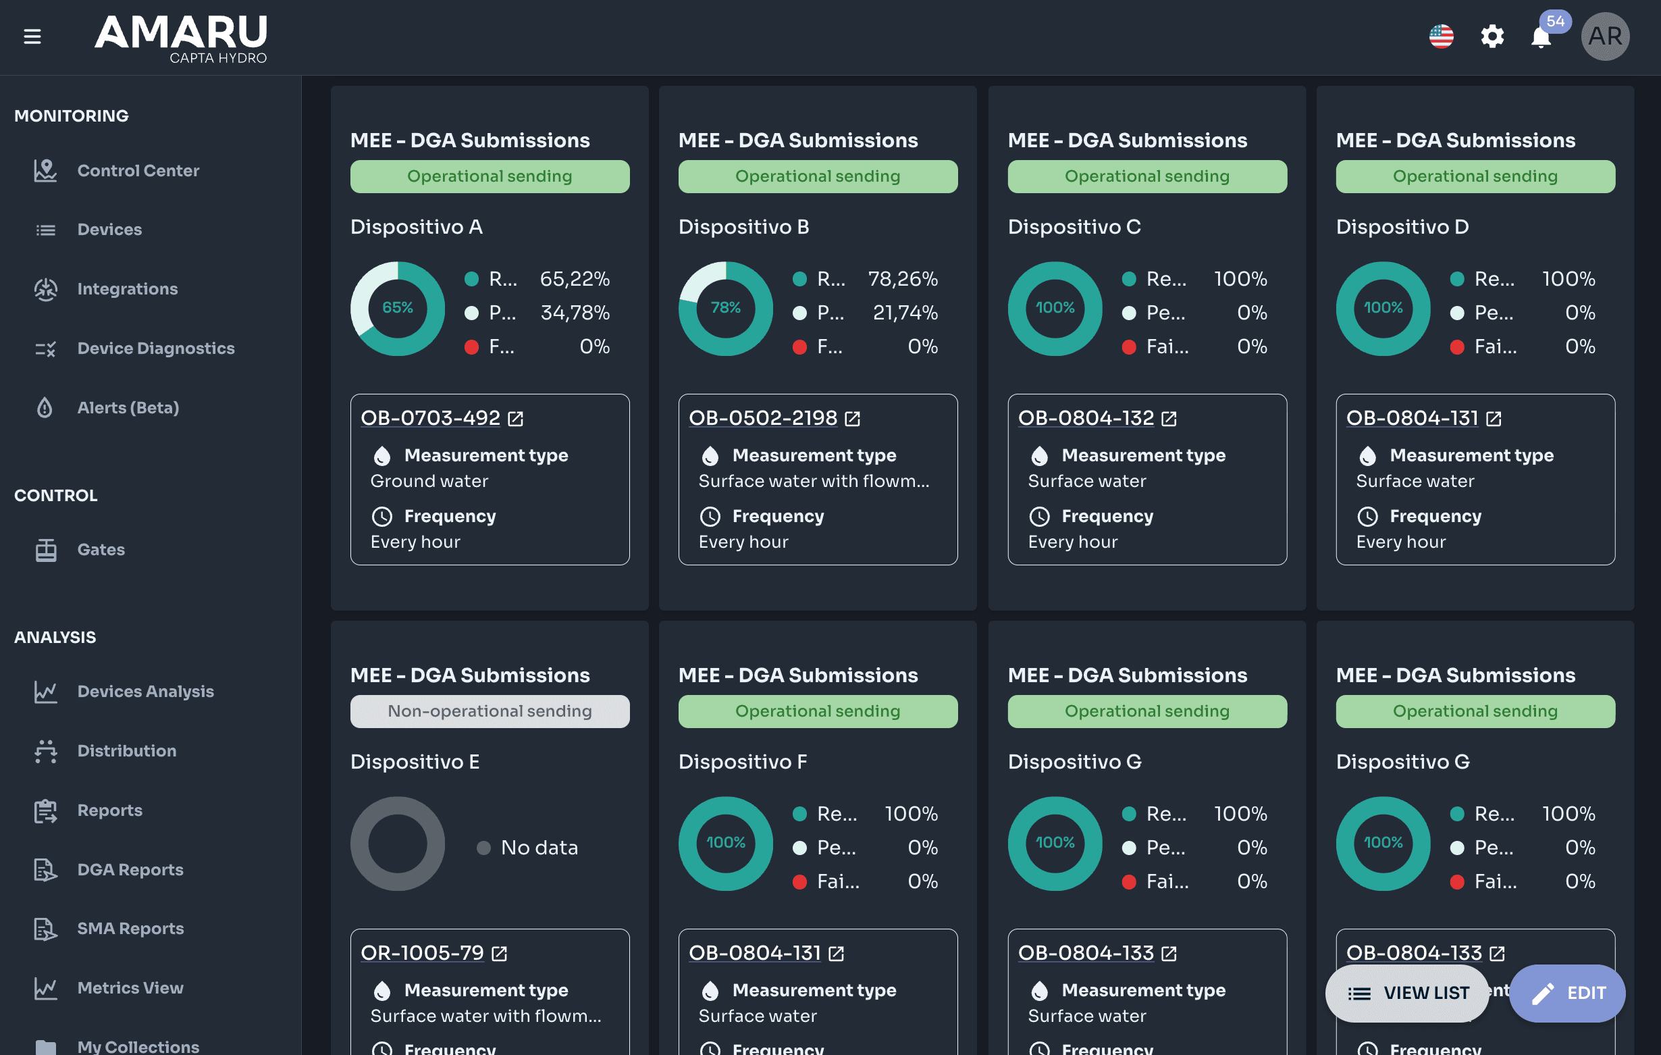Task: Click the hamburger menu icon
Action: (32, 36)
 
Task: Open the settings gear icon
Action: (1492, 36)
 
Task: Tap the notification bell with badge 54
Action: (1541, 36)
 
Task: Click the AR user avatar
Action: (1605, 36)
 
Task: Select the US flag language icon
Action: (1442, 36)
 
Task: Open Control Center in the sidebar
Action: (138, 170)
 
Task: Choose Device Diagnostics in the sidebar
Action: (156, 349)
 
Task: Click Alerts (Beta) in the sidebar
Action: (128, 408)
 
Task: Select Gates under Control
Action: (101, 550)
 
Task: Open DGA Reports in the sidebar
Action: (130, 869)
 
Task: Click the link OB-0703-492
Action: (430, 417)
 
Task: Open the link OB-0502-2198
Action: (763, 417)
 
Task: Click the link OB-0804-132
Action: (1086, 417)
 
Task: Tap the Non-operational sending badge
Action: (490, 711)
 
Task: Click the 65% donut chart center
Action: (398, 308)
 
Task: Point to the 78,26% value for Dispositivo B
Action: (903, 279)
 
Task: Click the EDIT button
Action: (1567, 993)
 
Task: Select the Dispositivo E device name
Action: (415, 762)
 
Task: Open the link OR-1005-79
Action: (422, 953)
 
